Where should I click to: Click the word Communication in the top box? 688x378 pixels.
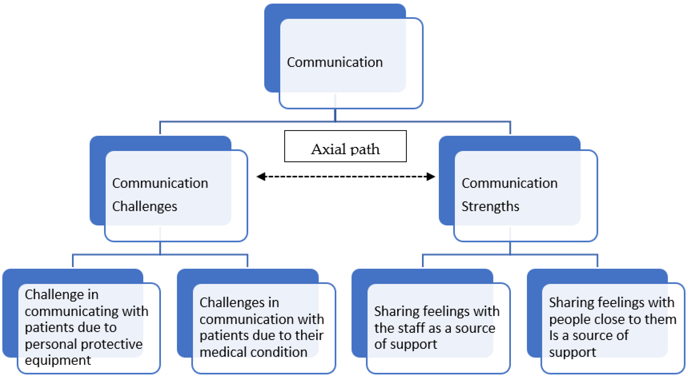335,62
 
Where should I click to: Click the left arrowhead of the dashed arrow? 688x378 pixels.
261,176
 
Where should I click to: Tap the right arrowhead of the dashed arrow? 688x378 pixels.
430,176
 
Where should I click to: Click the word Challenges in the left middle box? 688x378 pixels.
145,206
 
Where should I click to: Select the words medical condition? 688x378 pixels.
253,352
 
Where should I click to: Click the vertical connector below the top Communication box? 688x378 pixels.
335,115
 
